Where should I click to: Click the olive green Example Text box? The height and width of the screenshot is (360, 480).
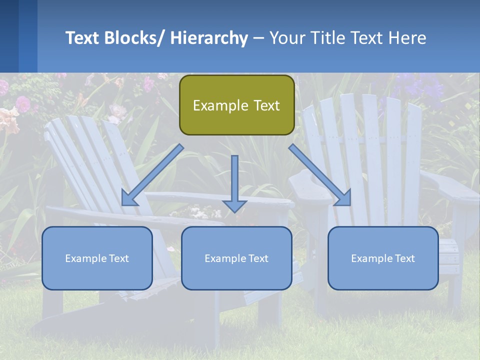[x=236, y=105]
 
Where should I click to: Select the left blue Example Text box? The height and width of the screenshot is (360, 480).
[x=97, y=258]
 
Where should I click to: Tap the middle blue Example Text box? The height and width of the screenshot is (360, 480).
[x=236, y=258]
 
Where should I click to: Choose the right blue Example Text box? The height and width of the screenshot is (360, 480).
[x=383, y=258]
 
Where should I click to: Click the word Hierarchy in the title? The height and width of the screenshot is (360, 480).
[x=208, y=38]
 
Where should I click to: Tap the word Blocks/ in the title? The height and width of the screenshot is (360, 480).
[x=137, y=38]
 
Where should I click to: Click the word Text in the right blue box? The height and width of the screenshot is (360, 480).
[x=404, y=258]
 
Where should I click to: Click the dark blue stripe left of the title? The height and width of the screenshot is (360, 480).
[x=9, y=36]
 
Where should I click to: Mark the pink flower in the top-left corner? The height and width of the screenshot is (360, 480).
[x=22, y=103]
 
